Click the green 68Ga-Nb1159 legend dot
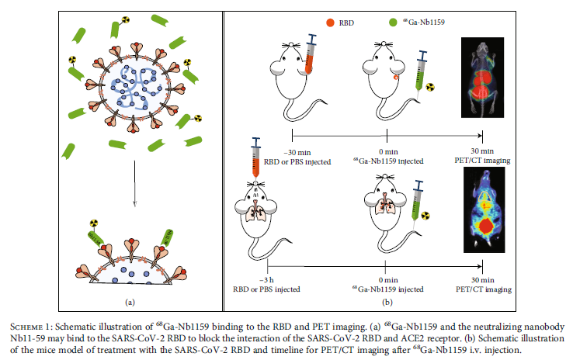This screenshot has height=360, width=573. [x=403, y=23]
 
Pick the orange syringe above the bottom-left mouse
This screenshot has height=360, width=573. [x=257, y=164]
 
